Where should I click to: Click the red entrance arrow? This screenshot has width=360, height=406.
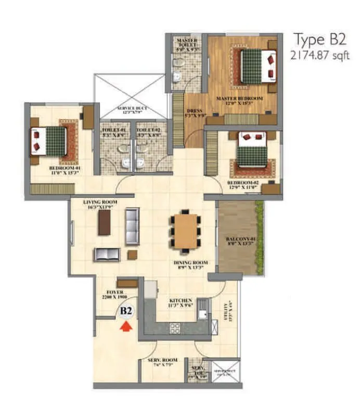click(125, 326)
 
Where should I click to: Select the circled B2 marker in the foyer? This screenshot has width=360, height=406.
click(126, 311)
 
